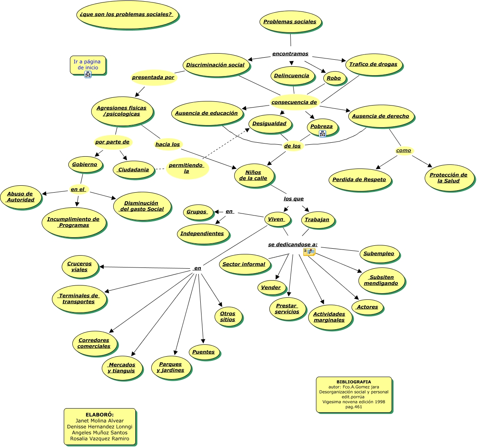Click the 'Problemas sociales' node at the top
(x=290, y=22)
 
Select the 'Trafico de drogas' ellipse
(x=373, y=64)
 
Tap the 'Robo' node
(x=334, y=78)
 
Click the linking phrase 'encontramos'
(x=290, y=54)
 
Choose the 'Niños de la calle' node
(x=253, y=175)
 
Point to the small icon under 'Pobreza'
(x=322, y=133)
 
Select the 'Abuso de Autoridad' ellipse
(x=20, y=197)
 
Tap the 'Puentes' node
(x=203, y=352)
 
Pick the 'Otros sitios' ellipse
(x=228, y=317)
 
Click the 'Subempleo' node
(x=378, y=254)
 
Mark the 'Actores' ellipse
(x=367, y=307)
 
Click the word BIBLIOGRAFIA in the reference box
(x=354, y=382)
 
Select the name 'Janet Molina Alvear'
(x=100, y=421)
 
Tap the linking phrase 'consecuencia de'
(x=294, y=102)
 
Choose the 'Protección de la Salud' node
(x=448, y=178)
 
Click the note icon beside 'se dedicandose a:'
(x=309, y=252)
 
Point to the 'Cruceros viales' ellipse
(x=79, y=267)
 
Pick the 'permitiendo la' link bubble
(x=186, y=168)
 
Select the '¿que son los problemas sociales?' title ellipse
(x=126, y=14)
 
